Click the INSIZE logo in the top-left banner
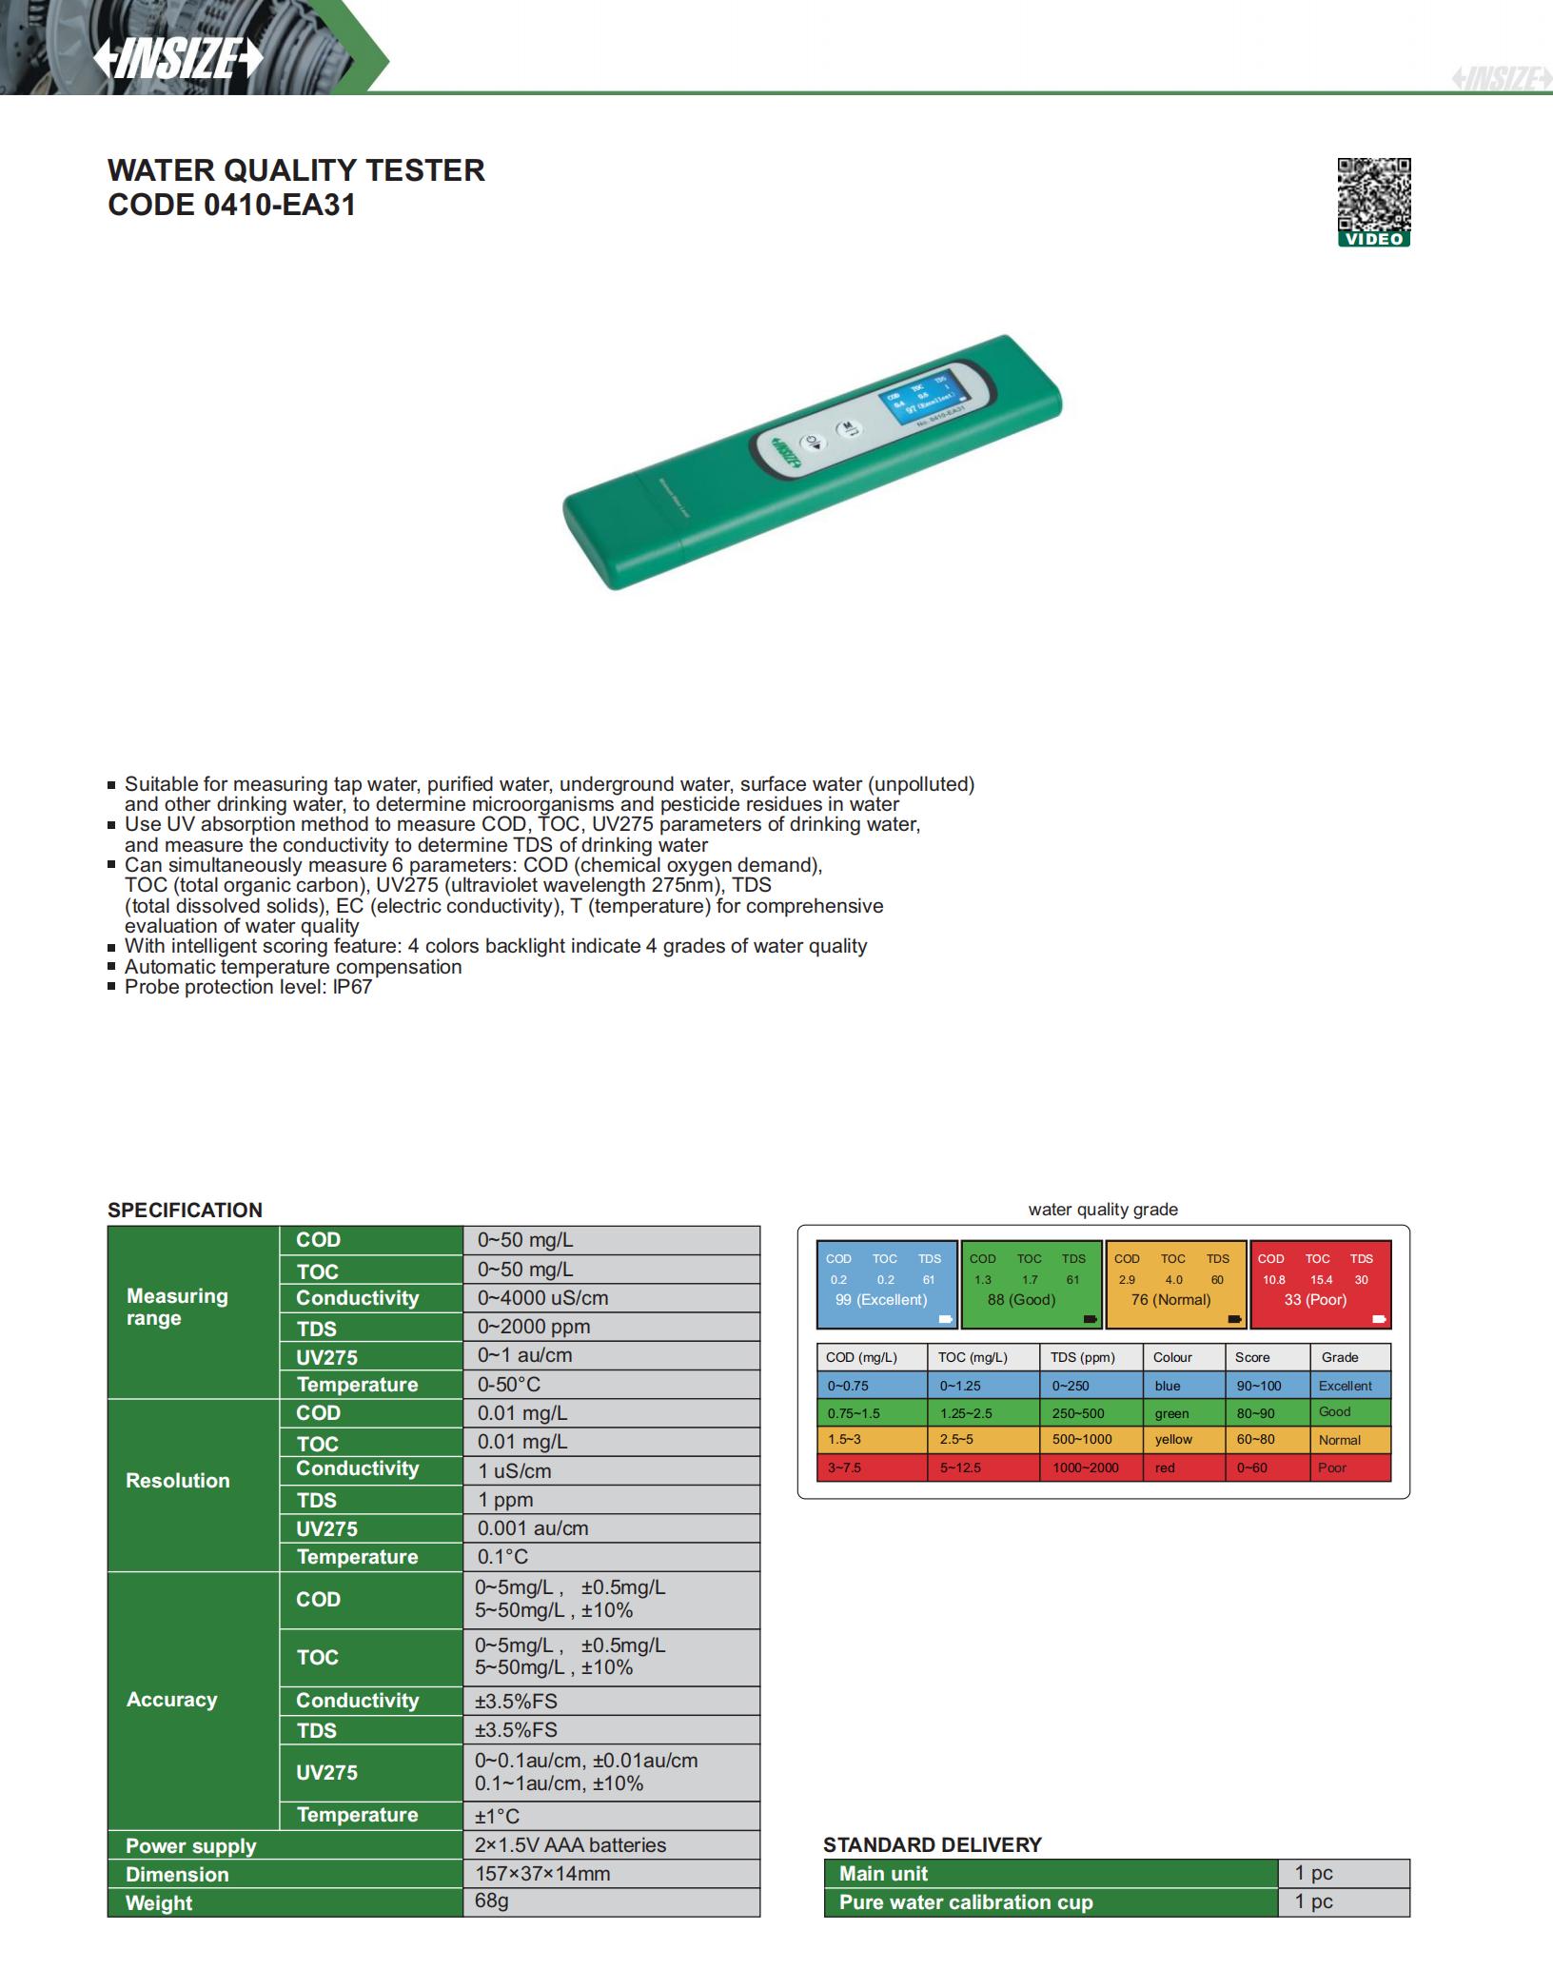(178, 59)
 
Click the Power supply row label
(191, 1846)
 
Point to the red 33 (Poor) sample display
(1320, 1285)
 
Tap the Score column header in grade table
(1252, 1357)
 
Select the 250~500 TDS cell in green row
(1078, 1413)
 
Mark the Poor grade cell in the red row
(1332, 1468)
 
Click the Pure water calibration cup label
(966, 1902)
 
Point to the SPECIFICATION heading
(185, 1210)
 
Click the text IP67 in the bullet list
(352, 987)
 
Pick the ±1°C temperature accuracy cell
(499, 1816)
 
